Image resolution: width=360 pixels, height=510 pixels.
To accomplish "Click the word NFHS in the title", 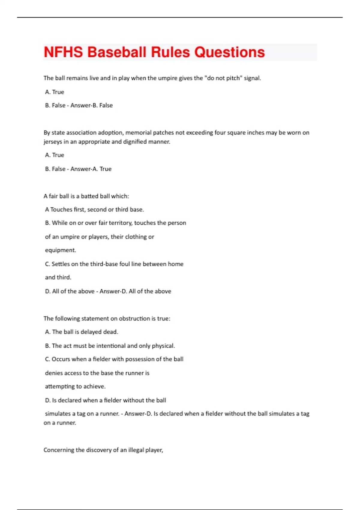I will tap(63, 52).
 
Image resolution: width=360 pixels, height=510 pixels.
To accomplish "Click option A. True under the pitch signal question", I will tap(55, 92).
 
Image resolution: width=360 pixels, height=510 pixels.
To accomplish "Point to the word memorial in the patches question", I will tap(136, 133).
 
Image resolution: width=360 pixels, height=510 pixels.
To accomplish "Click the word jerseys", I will tap(52, 142).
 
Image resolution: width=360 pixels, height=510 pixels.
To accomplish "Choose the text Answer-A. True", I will tap(91, 169).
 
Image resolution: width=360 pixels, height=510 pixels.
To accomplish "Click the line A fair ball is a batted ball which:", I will tap(86, 196).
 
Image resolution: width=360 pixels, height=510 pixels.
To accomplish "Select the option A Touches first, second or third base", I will tap(94, 210).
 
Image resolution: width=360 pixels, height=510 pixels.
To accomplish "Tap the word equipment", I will tap(60, 250).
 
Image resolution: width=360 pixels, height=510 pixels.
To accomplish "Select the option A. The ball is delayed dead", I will tap(82, 332).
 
